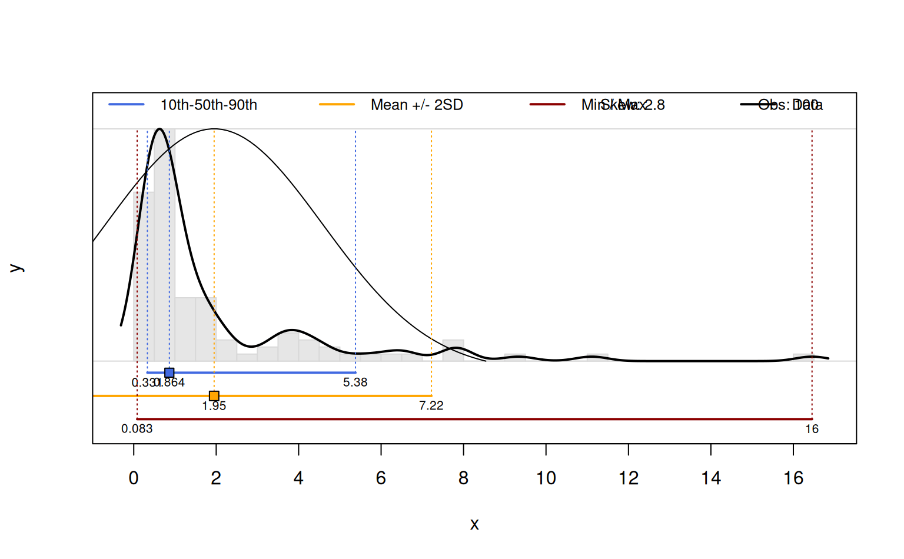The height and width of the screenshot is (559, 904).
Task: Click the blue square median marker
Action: [x=169, y=372]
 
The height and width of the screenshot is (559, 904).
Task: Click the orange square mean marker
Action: [x=214, y=396]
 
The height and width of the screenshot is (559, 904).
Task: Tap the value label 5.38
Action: [x=355, y=382]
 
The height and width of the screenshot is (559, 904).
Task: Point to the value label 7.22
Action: [x=431, y=405]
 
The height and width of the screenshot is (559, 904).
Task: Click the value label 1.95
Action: [x=214, y=406]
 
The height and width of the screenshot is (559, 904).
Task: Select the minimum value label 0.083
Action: [x=137, y=429]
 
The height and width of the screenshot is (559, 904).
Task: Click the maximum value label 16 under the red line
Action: [x=812, y=429]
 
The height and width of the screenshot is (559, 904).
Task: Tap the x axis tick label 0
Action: [x=134, y=478]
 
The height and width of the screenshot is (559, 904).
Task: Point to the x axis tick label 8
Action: [x=464, y=478]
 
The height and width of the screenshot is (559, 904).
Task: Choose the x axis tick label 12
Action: [x=629, y=478]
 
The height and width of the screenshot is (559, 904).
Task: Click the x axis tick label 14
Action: [x=711, y=478]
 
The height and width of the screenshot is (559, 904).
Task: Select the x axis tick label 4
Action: [x=298, y=478]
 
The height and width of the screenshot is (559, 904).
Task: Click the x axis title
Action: [x=474, y=524]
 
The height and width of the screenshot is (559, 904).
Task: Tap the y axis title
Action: [x=16, y=268]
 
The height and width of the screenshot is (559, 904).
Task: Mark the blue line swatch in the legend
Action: [x=127, y=105]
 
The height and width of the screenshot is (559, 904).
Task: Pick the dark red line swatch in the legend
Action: [x=547, y=105]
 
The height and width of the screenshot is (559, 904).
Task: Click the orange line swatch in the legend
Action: [x=337, y=105]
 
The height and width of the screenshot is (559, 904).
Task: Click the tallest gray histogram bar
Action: [x=165, y=247]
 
